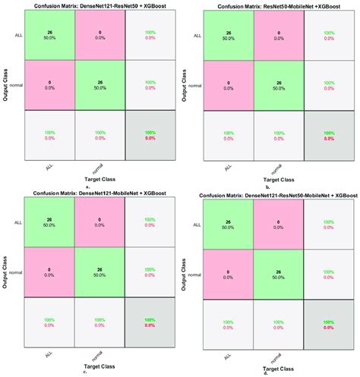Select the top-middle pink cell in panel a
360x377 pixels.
coord(99,36)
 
